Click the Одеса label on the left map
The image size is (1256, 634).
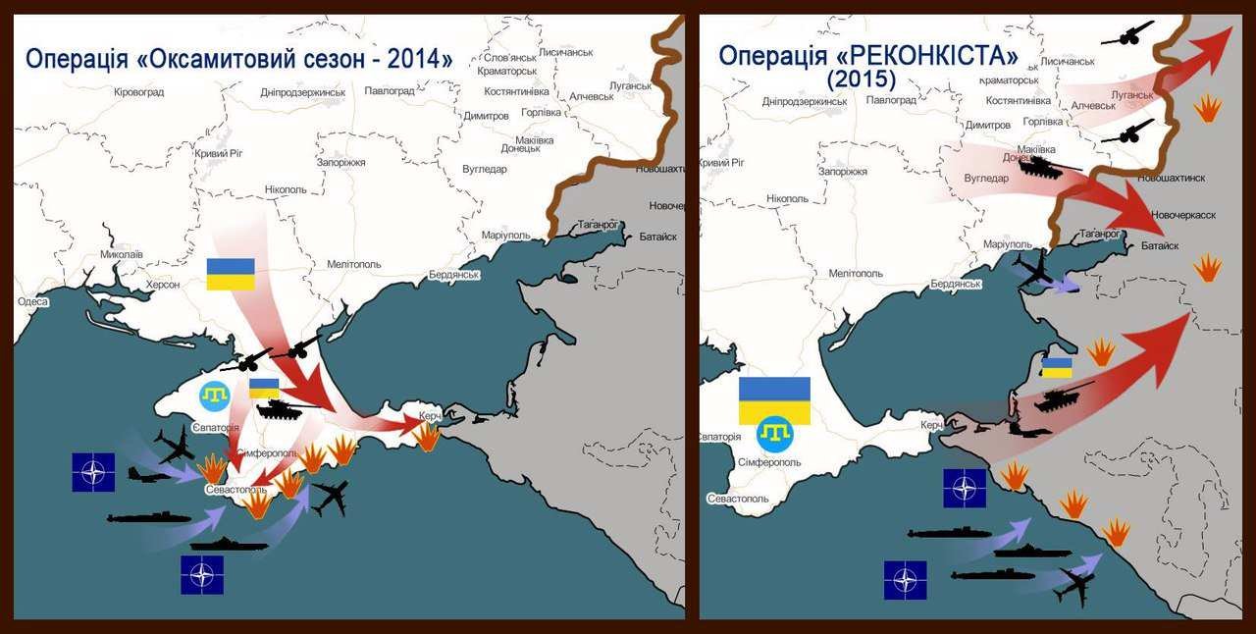click(32, 301)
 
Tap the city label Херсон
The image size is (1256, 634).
click(163, 285)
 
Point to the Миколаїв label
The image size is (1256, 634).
click(122, 254)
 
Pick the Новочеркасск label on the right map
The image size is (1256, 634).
click(1183, 214)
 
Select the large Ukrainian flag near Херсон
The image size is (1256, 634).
click(231, 274)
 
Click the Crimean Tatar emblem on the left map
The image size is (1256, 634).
click(215, 396)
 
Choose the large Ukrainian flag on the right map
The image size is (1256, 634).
click(774, 399)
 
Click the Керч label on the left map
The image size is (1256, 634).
click(430, 416)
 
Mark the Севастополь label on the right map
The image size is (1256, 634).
click(736, 498)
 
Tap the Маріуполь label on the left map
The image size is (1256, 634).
click(505, 236)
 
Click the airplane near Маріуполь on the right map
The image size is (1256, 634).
click(1035, 268)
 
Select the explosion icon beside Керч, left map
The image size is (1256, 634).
click(428, 437)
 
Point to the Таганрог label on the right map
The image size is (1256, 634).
click(1100, 234)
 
